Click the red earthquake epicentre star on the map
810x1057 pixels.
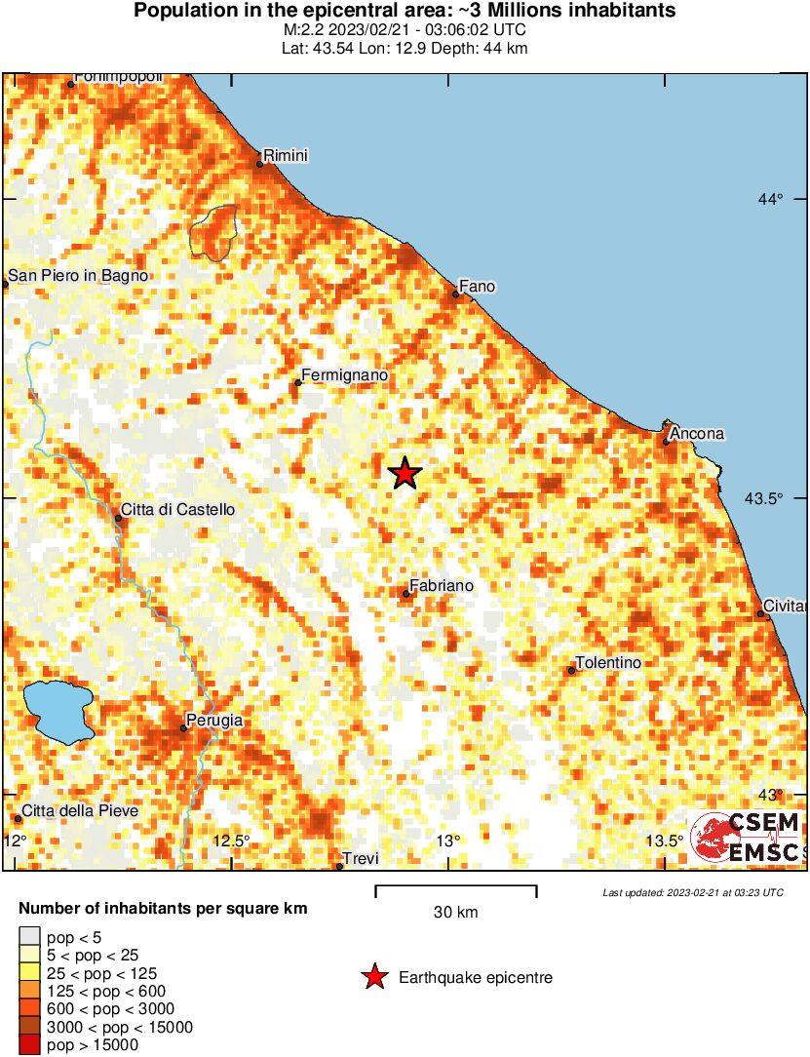coord(405,474)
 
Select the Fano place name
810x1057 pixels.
coord(477,287)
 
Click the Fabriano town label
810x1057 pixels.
coord(442,586)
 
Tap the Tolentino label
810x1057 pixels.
coord(608,663)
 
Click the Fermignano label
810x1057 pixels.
coord(345,375)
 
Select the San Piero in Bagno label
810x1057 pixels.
coord(78,276)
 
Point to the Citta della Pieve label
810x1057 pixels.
coord(80,810)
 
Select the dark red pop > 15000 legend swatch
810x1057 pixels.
coord(30,1045)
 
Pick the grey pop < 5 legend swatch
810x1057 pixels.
coord(30,938)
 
